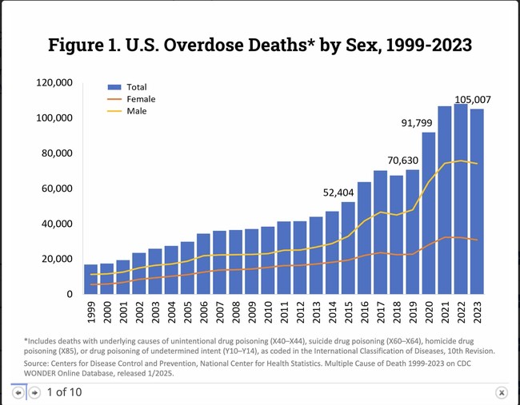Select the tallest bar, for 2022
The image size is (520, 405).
pos(461,200)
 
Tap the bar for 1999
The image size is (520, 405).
pos(91,280)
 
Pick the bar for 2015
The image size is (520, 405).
pos(348,248)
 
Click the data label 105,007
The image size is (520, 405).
pos(472,100)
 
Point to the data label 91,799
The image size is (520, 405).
pos(421,123)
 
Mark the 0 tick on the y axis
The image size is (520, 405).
pos(70,295)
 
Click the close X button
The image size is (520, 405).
pos(501,392)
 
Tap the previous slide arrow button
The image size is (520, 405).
pos(18,392)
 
